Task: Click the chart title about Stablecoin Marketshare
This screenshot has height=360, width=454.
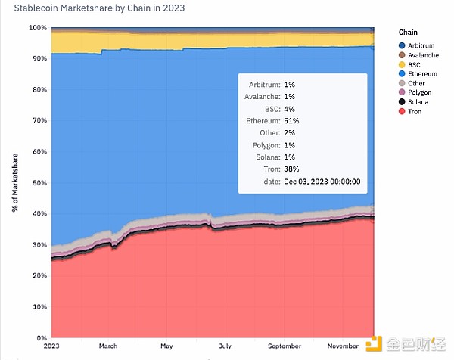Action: [x=99, y=8]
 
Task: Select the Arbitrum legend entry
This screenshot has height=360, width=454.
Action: [x=421, y=45]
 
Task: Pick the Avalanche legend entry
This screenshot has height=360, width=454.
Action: [x=422, y=54]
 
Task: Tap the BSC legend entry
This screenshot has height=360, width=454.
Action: [x=414, y=64]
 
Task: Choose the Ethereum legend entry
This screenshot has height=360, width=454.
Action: [x=421, y=74]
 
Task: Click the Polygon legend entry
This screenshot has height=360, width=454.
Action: [x=418, y=93]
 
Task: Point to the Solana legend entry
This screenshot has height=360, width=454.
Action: [x=418, y=102]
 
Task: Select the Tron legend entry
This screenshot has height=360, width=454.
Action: [x=415, y=112]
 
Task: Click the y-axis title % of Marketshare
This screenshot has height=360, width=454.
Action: [x=16, y=182]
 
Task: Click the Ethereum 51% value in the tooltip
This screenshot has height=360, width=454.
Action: [x=292, y=120]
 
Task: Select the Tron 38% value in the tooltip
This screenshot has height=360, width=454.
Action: [x=292, y=169]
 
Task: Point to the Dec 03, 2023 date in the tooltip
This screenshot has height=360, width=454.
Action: [x=322, y=181]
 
